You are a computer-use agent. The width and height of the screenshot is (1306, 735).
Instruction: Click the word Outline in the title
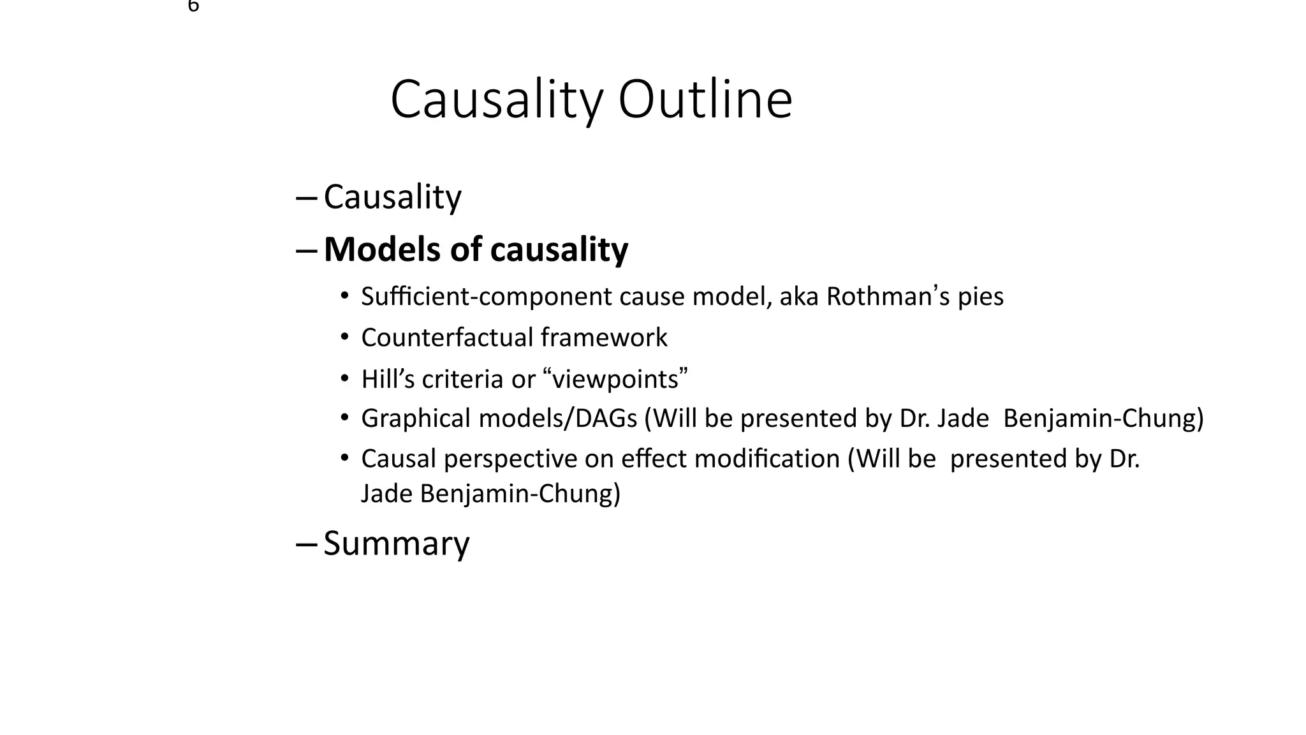coord(705,100)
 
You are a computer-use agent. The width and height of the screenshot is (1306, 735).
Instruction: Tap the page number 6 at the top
coord(193,6)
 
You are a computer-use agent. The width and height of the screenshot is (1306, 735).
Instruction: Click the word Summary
coord(397,544)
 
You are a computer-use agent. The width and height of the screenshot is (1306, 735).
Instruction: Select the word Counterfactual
coord(447,338)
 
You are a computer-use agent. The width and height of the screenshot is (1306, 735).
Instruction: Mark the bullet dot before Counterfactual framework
coord(345,336)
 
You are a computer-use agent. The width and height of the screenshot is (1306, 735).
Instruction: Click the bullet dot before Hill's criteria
coord(345,378)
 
